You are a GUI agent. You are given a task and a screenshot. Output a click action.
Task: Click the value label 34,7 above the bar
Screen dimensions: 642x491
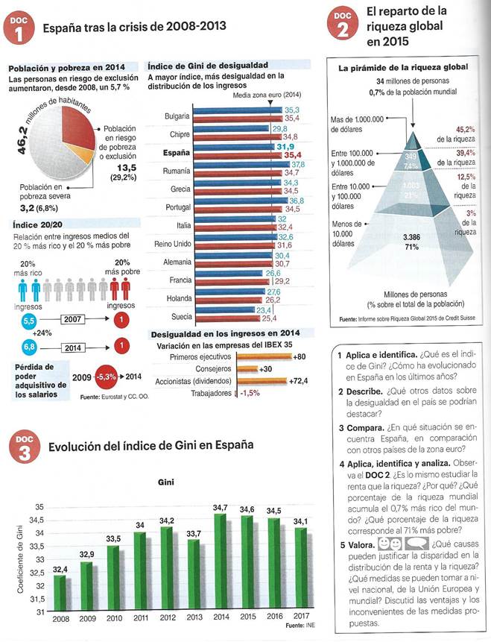tap(220, 507)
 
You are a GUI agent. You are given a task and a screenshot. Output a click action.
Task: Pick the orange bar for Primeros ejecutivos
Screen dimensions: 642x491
tap(264, 356)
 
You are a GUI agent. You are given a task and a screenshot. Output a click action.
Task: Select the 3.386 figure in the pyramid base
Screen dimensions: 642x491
tap(411, 238)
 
